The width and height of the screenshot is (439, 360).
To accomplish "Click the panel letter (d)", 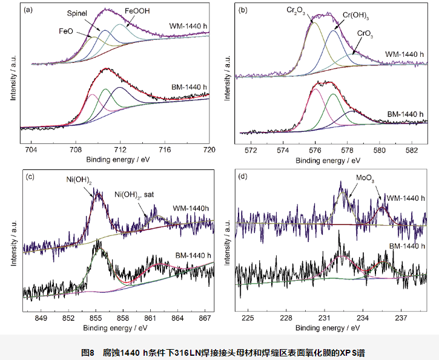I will (x=243, y=177).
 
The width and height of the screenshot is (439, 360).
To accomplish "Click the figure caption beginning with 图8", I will (x=219, y=352).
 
